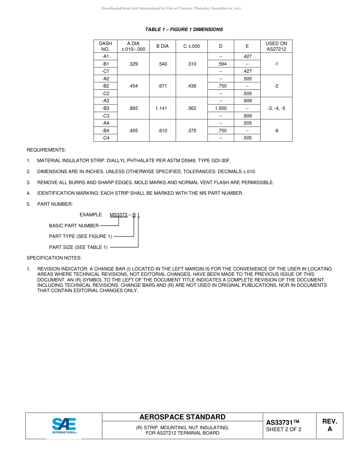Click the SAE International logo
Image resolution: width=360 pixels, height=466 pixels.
pyautogui.click(x=64, y=426)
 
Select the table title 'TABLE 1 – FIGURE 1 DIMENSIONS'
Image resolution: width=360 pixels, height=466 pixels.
pyautogui.click(x=184, y=30)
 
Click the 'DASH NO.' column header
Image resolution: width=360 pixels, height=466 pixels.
pyautogui.click(x=105, y=46)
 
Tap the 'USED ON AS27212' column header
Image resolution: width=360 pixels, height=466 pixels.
pyautogui.click(x=276, y=46)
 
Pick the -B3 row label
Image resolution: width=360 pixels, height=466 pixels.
pyautogui.click(x=105, y=108)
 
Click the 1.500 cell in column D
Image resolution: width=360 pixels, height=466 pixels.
pyautogui.click(x=221, y=108)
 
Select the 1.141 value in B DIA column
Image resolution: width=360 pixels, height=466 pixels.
pyautogui.click(x=162, y=108)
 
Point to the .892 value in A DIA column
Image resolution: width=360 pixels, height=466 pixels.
pyautogui.click(x=133, y=108)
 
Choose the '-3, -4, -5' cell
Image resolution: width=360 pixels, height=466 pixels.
pyautogui.click(x=276, y=108)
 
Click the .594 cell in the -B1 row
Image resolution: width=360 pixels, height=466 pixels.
pyautogui.click(x=221, y=64)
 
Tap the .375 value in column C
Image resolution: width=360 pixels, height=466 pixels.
pyautogui.click(x=192, y=131)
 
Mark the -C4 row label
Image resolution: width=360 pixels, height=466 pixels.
pyautogui.click(x=105, y=138)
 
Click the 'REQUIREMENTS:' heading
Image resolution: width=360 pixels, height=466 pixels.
pyautogui.click(x=46, y=150)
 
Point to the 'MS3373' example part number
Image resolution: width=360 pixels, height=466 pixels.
pyautogui.click(x=119, y=215)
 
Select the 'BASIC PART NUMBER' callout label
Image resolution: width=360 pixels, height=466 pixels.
pyautogui.click(x=74, y=226)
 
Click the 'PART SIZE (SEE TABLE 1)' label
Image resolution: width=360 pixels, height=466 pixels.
pyautogui.click(x=78, y=247)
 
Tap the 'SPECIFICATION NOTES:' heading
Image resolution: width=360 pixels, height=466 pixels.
pyautogui.click(x=54, y=258)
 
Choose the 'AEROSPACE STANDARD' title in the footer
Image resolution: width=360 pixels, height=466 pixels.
pyautogui.click(x=182, y=417)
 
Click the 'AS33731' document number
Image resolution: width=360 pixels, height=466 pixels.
pyautogui.click(x=283, y=422)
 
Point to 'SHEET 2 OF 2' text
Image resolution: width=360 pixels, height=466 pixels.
pyautogui.click(x=284, y=429)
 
